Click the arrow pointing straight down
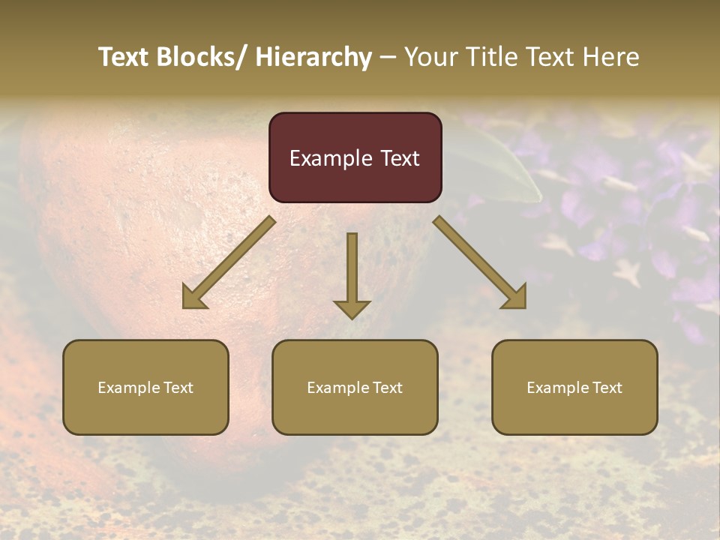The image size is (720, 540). tap(352, 274)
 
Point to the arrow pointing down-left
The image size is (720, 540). tap(229, 263)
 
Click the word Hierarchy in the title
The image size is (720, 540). tap(313, 57)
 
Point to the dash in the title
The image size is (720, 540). tap(388, 57)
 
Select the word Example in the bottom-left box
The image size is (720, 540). tap(128, 388)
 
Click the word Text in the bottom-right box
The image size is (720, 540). tap(607, 388)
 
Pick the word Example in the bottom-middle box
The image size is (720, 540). tap(337, 388)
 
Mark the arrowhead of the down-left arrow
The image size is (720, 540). tap(193, 298)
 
